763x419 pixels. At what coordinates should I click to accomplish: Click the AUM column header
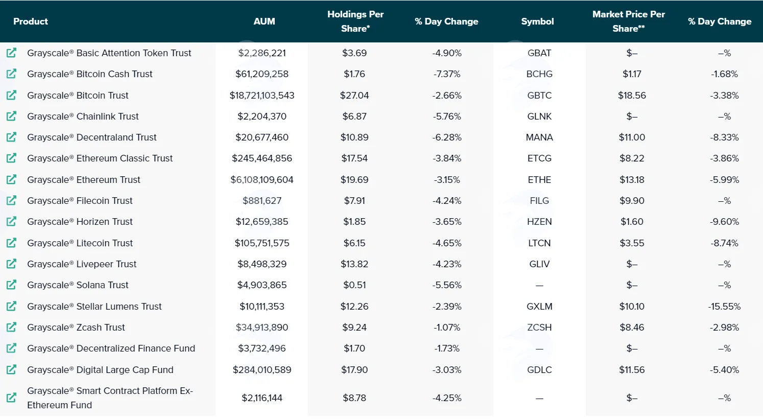(264, 21)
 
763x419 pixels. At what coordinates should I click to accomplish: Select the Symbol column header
(537, 21)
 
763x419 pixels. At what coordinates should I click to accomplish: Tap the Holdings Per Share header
(355, 21)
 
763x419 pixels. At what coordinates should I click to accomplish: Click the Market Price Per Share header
(629, 21)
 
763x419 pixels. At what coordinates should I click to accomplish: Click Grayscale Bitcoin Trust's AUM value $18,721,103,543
(262, 95)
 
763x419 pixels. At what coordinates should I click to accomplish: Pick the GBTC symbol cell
(539, 95)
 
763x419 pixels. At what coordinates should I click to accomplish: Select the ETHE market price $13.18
(632, 180)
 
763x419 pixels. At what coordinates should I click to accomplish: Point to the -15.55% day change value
(724, 307)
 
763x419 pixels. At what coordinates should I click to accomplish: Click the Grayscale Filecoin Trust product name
(80, 200)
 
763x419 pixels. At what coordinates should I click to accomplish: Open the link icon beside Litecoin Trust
(11, 243)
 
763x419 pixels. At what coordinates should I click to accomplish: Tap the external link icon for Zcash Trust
(11, 328)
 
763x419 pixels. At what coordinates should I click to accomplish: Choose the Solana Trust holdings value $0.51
(354, 285)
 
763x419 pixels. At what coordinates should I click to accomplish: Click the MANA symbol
(539, 137)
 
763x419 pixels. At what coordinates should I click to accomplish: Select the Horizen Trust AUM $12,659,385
(262, 222)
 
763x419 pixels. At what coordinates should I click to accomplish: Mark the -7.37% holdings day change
(447, 74)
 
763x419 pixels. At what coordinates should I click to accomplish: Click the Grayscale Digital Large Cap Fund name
(100, 369)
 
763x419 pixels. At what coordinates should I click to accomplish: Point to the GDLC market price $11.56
(632, 369)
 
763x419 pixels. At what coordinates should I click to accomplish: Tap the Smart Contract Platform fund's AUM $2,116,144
(262, 398)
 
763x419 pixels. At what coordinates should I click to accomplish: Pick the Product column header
(31, 21)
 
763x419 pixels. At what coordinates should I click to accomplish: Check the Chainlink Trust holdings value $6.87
(354, 117)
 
